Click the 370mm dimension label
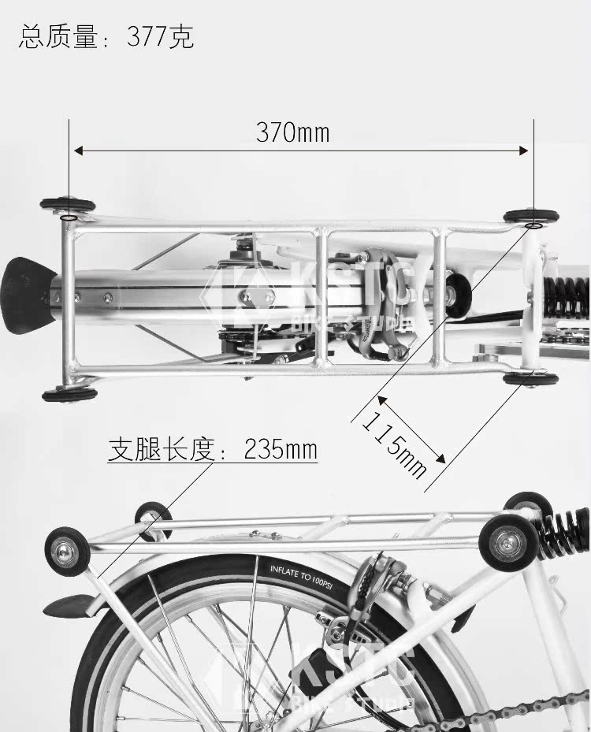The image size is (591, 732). click(x=292, y=132)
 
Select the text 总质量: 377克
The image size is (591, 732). click(x=106, y=37)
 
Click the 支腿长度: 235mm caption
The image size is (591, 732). click(x=213, y=450)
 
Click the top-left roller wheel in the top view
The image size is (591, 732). click(x=67, y=206)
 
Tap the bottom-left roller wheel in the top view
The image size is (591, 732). click(x=69, y=393)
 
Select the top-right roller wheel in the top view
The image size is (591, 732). click(x=531, y=216)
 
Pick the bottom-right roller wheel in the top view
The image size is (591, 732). click(x=531, y=379)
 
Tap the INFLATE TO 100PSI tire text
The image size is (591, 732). click(x=300, y=570)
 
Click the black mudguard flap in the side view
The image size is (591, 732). click(x=67, y=605)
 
